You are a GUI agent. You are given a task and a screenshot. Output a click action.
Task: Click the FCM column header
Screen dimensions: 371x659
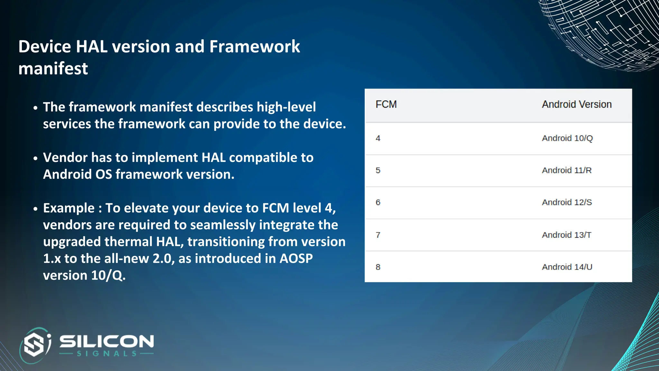coord(386,104)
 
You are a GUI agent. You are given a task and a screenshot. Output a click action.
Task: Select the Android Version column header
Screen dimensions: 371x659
coord(577,104)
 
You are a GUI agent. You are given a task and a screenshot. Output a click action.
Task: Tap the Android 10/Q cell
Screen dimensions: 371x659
coord(567,138)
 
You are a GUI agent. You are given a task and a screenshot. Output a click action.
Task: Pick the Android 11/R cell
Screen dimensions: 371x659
coord(567,170)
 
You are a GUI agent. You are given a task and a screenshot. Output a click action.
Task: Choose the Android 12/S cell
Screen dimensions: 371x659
coord(567,202)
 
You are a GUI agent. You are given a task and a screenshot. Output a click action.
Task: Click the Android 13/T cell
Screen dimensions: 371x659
coord(567,235)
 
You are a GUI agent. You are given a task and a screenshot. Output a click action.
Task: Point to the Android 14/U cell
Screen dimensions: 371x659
coord(567,267)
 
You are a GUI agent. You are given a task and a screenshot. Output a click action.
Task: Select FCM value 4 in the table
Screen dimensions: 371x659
coord(378,138)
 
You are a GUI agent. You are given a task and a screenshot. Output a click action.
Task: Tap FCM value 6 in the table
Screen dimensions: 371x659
coord(378,202)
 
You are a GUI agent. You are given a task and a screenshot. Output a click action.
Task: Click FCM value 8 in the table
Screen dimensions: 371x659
coord(378,267)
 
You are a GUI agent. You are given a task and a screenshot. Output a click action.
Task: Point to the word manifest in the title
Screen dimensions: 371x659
coord(53,69)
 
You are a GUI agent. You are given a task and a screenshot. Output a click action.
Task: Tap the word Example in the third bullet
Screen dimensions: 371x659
coord(69,208)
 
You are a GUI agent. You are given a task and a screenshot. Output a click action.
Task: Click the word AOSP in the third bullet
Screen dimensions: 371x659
coord(296,259)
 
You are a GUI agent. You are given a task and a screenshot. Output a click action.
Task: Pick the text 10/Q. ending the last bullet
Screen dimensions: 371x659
coord(108,275)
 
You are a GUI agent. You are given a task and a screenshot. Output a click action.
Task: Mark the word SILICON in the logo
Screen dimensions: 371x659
coord(107,341)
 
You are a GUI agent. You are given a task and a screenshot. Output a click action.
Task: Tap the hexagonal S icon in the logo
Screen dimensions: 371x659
coord(34,345)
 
